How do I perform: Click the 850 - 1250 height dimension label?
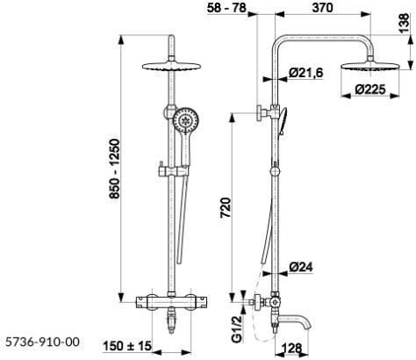pos(115,169)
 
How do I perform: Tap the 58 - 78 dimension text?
pos(226,8)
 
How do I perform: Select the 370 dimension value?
pos(322,8)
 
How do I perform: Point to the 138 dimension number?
pos(404,24)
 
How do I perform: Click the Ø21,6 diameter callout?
pos(306,73)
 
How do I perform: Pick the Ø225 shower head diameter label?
pos(370,90)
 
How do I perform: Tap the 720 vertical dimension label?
pos(226,207)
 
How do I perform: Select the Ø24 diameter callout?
pos(301,267)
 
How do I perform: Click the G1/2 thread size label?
pos(237,329)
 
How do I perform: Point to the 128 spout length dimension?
pos(292,349)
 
